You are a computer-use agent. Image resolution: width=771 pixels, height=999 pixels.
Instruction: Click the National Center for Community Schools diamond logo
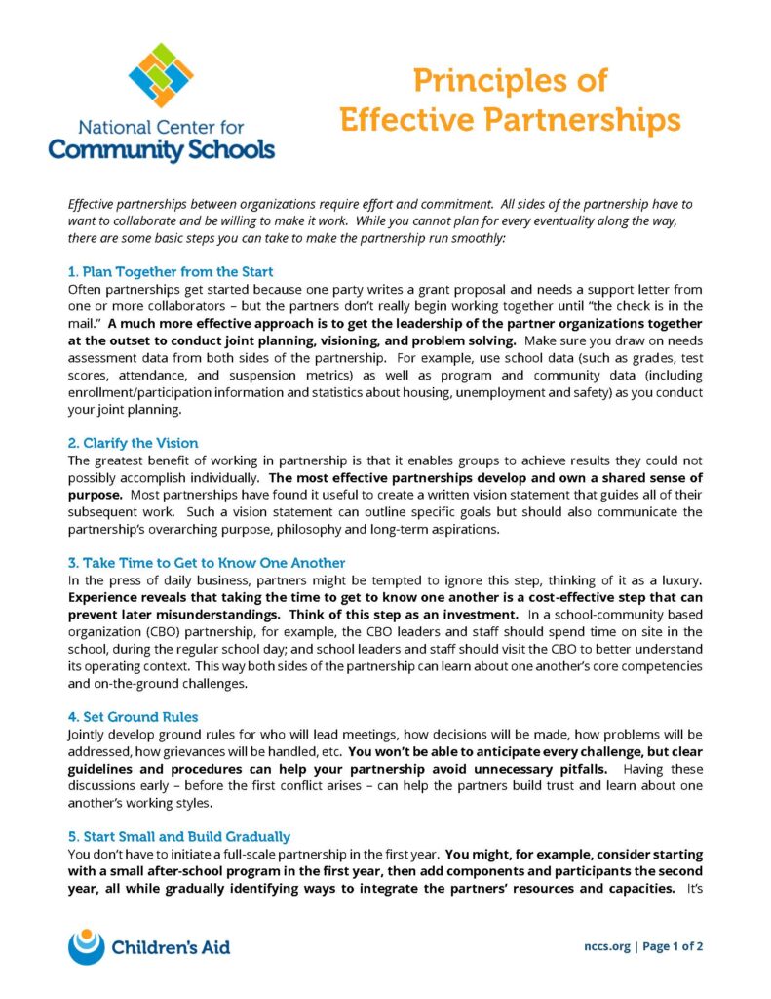pyautogui.click(x=160, y=74)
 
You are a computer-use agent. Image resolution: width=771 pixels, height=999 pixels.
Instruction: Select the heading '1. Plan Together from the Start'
pyautogui.click(x=171, y=271)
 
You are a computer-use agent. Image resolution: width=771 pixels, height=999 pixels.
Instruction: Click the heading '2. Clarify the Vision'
pyautogui.click(x=133, y=442)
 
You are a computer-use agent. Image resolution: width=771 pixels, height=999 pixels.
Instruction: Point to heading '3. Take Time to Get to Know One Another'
pyautogui.click(x=207, y=563)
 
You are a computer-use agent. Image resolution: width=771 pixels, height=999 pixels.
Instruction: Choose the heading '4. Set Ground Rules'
pyautogui.click(x=133, y=716)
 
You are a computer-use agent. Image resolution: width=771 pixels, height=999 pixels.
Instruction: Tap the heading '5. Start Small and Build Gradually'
pyautogui.click(x=178, y=836)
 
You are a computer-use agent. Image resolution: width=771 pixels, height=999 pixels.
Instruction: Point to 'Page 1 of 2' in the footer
pyautogui.click(x=673, y=946)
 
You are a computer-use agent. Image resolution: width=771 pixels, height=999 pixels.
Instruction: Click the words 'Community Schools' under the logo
pyautogui.click(x=161, y=149)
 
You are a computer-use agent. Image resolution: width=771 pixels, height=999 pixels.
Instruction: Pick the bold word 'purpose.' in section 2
pyautogui.click(x=96, y=495)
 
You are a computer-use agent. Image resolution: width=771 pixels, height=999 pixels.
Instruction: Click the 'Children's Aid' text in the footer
pyautogui.click(x=172, y=946)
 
